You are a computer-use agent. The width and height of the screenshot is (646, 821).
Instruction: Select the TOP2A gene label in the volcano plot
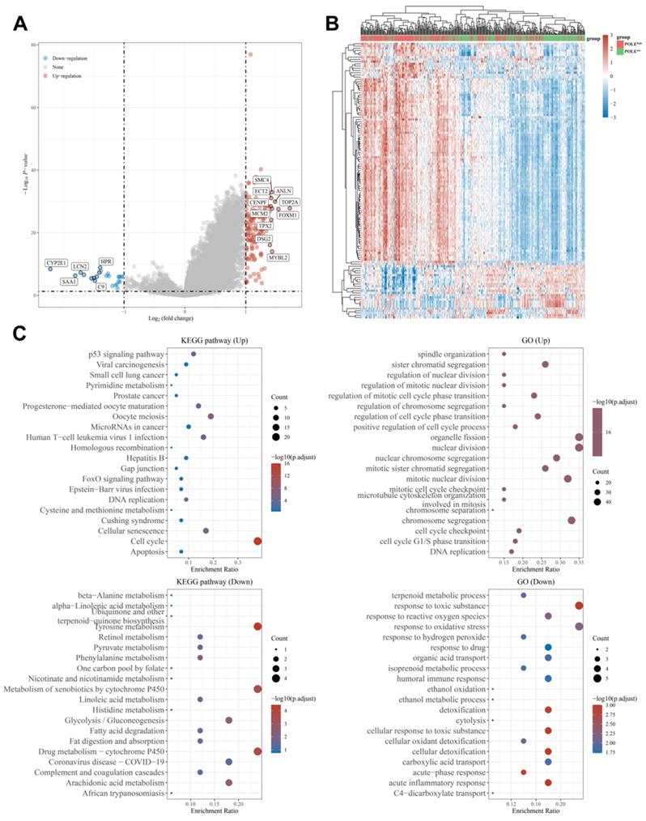point(289,202)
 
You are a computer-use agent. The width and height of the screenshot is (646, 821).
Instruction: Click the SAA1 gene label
point(69,281)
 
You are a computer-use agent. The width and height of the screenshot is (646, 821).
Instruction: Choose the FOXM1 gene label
point(287,215)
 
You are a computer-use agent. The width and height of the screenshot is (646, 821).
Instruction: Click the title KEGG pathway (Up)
point(215,342)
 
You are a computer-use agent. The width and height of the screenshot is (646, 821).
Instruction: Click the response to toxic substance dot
point(579,605)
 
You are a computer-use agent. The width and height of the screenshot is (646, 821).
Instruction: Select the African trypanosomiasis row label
point(119,793)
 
